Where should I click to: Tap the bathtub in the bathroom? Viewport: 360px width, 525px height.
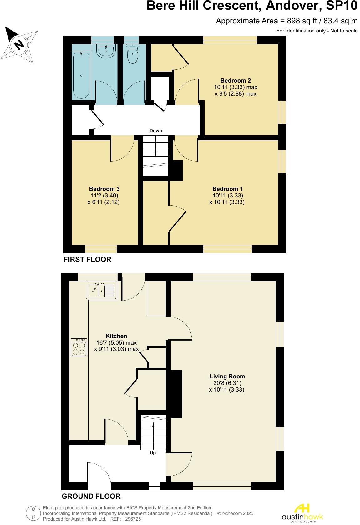[81, 75]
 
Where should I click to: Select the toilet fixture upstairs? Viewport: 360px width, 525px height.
[133, 54]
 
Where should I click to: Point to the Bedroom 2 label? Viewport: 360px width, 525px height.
[235, 81]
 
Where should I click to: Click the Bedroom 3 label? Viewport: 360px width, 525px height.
[104, 189]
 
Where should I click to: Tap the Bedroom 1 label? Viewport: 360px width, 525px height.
[227, 189]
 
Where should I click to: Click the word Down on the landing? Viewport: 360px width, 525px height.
[155, 131]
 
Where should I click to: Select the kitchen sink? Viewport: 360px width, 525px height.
[101, 291]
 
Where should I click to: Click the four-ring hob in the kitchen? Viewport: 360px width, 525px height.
[79, 347]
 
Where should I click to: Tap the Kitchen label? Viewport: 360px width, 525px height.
[116, 336]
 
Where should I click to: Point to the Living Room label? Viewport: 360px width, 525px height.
[227, 377]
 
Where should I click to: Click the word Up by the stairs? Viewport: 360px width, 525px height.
[153, 453]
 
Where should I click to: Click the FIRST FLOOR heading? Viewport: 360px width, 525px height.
[87, 259]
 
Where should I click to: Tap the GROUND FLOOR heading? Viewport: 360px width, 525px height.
[91, 496]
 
